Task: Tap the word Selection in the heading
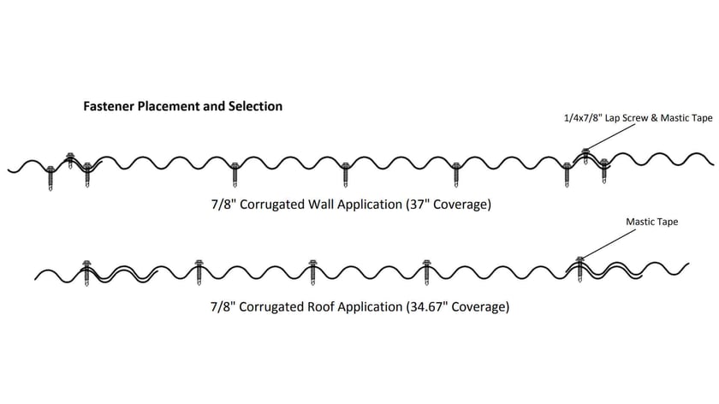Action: pyautogui.click(x=254, y=107)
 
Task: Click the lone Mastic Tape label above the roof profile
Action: pyautogui.click(x=652, y=223)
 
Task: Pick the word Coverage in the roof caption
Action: pyautogui.click(x=475, y=306)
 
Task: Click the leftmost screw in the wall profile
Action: pyautogui.click(x=51, y=175)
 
